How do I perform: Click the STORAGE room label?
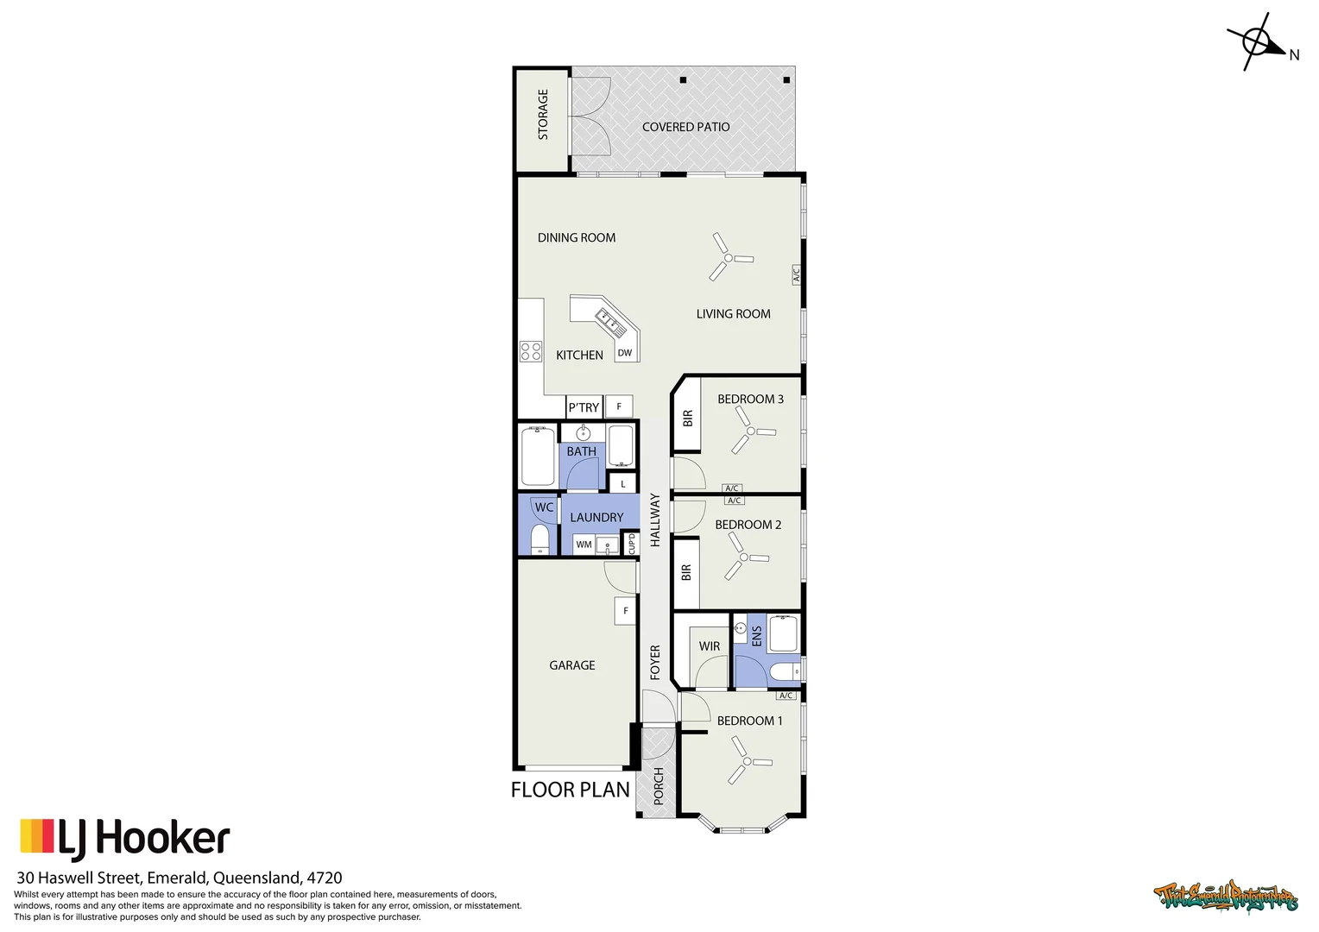point(543,115)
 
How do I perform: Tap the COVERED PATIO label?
point(685,127)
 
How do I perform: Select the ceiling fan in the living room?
point(729,257)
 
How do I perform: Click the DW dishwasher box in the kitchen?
point(625,352)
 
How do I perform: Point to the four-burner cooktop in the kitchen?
point(530,351)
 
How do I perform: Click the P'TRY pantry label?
point(584,407)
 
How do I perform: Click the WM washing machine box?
point(584,545)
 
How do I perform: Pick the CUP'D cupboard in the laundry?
point(631,544)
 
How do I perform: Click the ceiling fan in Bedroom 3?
point(749,430)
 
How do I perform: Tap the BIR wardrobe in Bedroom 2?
point(686,572)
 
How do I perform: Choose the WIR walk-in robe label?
point(710,646)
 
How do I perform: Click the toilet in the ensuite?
point(785,671)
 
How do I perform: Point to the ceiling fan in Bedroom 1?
point(746,763)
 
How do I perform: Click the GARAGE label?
point(572,665)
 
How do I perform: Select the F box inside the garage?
point(625,611)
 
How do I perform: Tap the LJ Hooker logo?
point(125,839)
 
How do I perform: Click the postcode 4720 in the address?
point(325,878)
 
